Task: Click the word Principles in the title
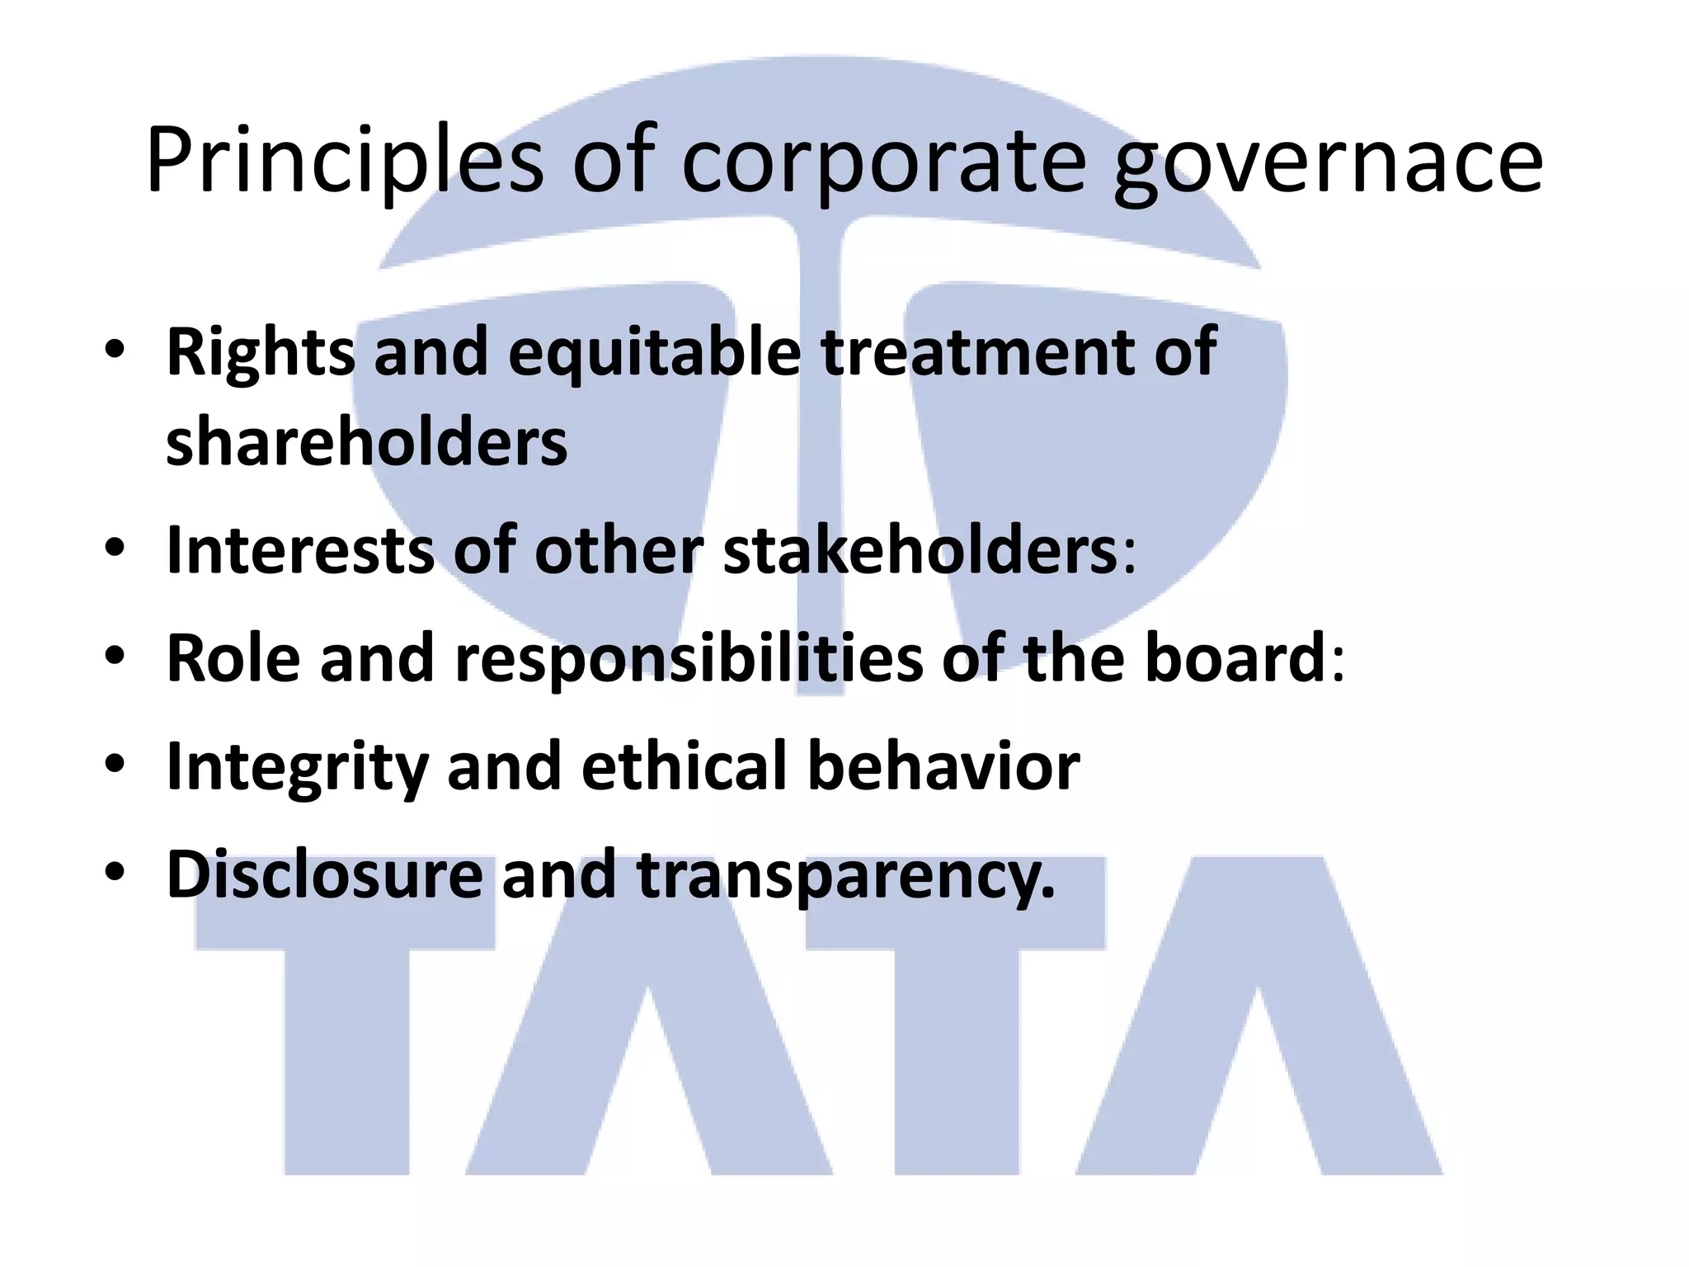point(344,161)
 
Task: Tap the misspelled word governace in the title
point(1327,161)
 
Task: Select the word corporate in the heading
point(883,161)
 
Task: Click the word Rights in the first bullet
point(261,353)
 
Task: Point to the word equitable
point(654,353)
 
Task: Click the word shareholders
point(367,441)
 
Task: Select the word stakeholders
point(920,550)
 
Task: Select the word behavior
point(943,766)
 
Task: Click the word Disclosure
point(324,874)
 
